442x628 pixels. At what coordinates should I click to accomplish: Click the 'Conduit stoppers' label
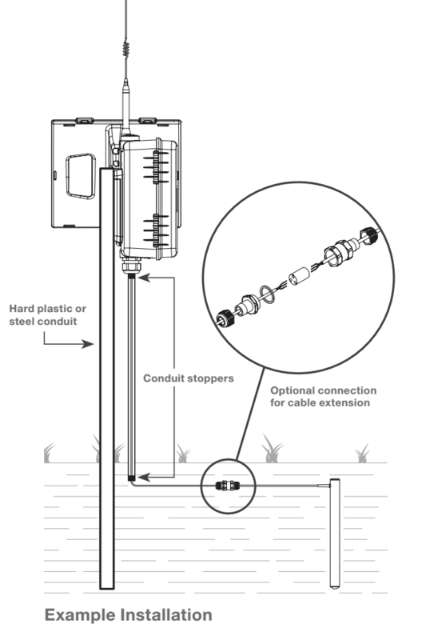tap(189, 378)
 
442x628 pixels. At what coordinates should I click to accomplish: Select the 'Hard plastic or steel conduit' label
tap(47, 315)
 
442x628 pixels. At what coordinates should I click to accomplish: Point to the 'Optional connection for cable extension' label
tap(323, 397)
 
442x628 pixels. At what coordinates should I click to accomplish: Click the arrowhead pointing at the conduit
tap(88, 344)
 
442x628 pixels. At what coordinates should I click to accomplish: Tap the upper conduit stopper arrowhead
tap(144, 277)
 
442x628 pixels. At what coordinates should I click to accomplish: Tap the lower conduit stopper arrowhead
tap(144, 477)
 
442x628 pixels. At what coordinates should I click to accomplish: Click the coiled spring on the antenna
tap(126, 49)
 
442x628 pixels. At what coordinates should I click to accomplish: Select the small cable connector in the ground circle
tap(228, 486)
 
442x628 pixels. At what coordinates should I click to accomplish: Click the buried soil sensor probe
tap(335, 534)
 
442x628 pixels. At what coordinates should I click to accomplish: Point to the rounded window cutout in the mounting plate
tap(81, 176)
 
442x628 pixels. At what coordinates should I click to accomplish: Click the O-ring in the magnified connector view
tap(267, 294)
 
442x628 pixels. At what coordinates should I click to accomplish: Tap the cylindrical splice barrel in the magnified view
tap(300, 277)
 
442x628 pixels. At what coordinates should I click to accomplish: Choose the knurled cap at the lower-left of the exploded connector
tap(225, 319)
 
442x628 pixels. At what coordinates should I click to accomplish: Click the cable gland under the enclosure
tap(131, 266)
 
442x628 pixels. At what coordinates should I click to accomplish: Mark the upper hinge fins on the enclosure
tap(157, 166)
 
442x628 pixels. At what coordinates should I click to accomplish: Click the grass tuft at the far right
tap(363, 454)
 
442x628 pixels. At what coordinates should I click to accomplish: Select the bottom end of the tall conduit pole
tap(106, 588)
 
